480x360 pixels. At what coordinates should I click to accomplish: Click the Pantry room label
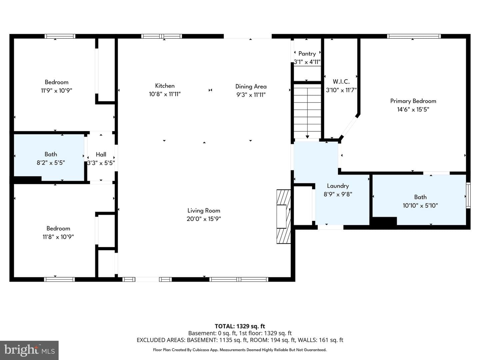pyautogui.click(x=307, y=54)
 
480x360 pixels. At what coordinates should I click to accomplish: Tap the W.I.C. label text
pyautogui.click(x=341, y=82)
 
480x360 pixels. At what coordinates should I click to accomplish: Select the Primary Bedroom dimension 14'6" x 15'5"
pyautogui.click(x=413, y=109)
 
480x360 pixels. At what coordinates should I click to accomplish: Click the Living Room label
pyautogui.click(x=204, y=211)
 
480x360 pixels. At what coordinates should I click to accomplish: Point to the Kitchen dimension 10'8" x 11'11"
pyautogui.click(x=165, y=94)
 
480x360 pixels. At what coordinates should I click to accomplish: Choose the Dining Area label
pyautogui.click(x=251, y=87)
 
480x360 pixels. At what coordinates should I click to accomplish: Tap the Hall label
pyautogui.click(x=101, y=155)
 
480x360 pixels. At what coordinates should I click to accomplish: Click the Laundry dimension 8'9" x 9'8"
pyautogui.click(x=338, y=194)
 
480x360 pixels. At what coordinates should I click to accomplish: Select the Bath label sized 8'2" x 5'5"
pyautogui.click(x=51, y=154)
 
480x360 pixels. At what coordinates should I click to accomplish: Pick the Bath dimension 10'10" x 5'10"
pyautogui.click(x=420, y=205)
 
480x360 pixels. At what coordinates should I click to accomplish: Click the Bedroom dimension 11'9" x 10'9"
pyautogui.click(x=56, y=90)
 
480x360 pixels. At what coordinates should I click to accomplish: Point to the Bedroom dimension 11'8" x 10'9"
pyautogui.click(x=58, y=237)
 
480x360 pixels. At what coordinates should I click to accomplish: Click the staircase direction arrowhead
pyautogui.click(x=307, y=137)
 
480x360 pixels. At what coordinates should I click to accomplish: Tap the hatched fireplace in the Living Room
pyautogui.click(x=284, y=216)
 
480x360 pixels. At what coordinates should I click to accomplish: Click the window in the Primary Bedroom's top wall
pyautogui.click(x=414, y=36)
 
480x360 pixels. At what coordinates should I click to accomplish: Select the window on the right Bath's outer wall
pyautogui.click(x=468, y=195)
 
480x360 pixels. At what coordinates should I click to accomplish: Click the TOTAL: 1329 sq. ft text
pyautogui.click(x=240, y=326)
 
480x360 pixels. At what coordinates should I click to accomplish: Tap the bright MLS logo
pyautogui.click(x=29, y=350)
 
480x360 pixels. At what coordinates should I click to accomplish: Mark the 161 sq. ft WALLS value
pyautogui.click(x=332, y=340)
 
